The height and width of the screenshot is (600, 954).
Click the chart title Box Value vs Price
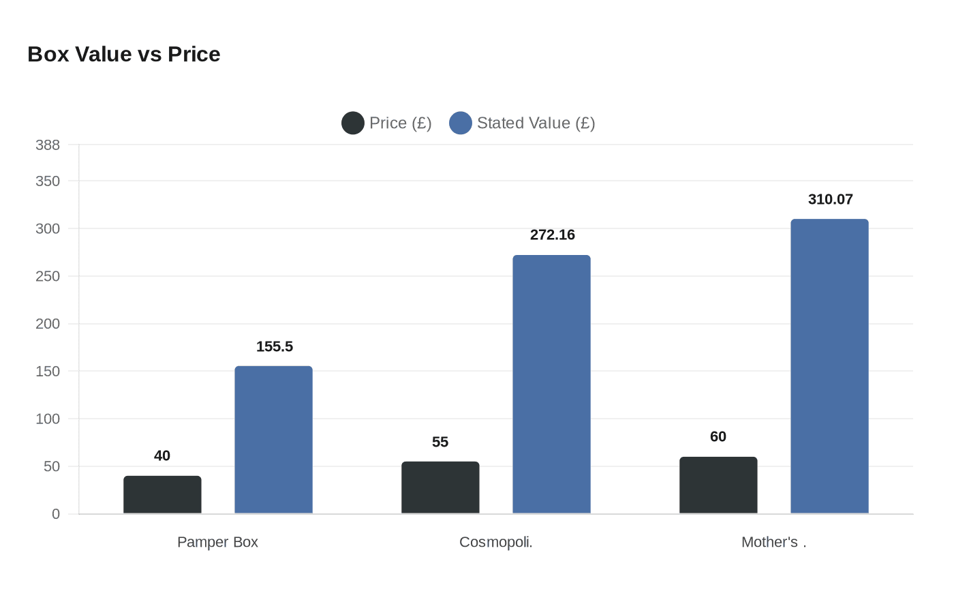[124, 55]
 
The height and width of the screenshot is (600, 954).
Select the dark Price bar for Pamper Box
[162, 495]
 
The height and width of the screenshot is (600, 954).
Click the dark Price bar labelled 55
[440, 487]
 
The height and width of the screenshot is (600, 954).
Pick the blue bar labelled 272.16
[551, 385]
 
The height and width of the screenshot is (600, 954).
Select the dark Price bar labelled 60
[718, 485]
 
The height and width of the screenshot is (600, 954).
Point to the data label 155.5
[275, 346]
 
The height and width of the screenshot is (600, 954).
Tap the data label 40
[162, 455]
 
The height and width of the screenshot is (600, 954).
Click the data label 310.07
[830, 199]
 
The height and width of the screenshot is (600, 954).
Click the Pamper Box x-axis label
[217, 542]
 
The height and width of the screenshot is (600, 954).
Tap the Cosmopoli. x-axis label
[495, 542]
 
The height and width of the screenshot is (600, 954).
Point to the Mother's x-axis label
[773, 542]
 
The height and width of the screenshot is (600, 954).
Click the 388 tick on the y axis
[48, 145]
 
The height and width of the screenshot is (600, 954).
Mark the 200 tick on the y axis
[48, 324]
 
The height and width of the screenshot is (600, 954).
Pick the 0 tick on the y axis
[56, 514]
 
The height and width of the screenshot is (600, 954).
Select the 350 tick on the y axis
[48, 181]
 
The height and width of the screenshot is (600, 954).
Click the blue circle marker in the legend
[461, 123]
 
